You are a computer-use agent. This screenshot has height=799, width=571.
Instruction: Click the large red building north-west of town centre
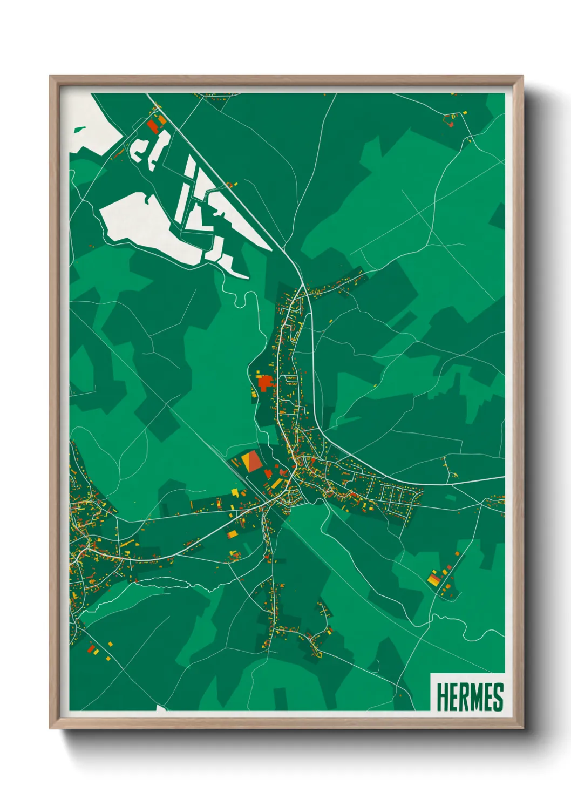point(264,383)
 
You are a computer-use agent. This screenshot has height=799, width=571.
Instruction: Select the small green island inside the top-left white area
point(79,130)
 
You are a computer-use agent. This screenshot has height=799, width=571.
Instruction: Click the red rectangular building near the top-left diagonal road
point(152,126)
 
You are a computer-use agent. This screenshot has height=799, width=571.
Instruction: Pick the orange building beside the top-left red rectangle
point(161,120)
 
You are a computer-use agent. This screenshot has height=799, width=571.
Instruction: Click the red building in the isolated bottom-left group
point(91,648)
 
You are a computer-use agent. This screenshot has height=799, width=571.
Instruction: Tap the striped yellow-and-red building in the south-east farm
point(434,579)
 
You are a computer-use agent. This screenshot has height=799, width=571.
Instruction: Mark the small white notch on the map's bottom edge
point(161,708)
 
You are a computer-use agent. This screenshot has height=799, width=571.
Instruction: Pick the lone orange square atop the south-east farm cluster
point(457,554)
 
